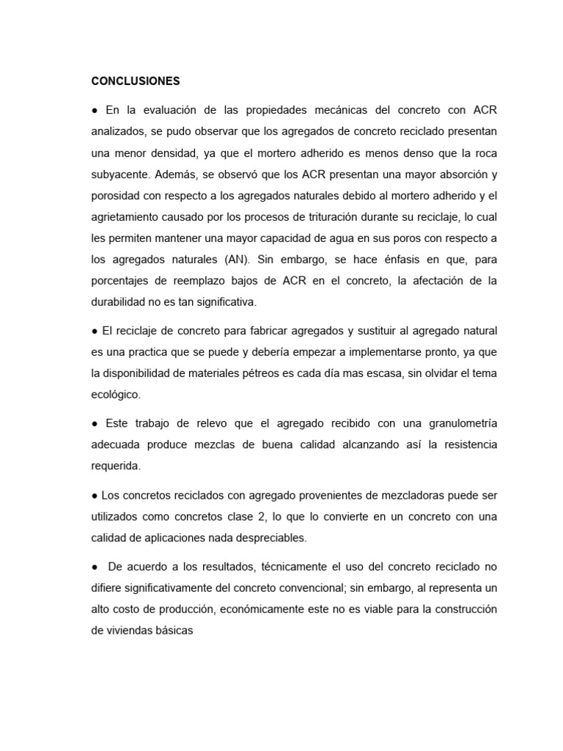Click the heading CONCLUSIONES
point(136,81)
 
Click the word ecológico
point(116,395)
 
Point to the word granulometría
point(455,423)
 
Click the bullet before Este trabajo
point(95,423)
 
